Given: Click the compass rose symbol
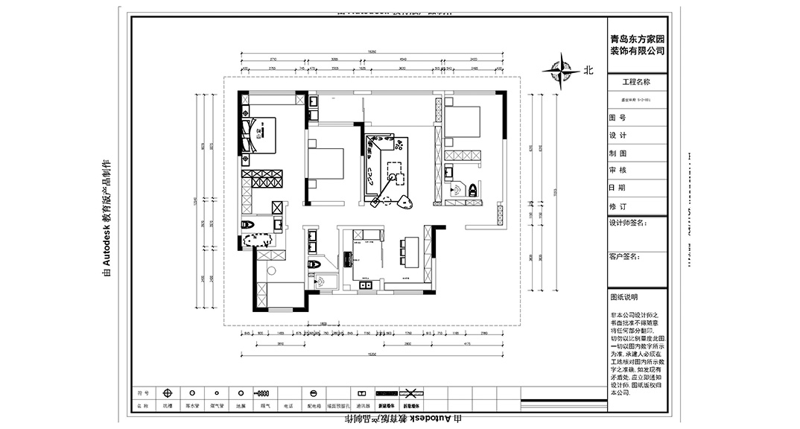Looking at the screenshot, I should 561,71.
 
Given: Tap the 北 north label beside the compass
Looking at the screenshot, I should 588,71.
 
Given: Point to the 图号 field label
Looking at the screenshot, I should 618,118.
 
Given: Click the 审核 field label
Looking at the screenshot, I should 618,171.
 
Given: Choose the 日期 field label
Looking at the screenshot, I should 618,188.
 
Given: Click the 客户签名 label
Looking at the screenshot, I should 624,257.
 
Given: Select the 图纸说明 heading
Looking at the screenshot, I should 624,296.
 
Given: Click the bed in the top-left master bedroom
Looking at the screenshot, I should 264,135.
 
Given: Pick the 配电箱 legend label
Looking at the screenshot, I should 314,407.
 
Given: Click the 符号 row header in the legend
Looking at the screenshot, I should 143,393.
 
